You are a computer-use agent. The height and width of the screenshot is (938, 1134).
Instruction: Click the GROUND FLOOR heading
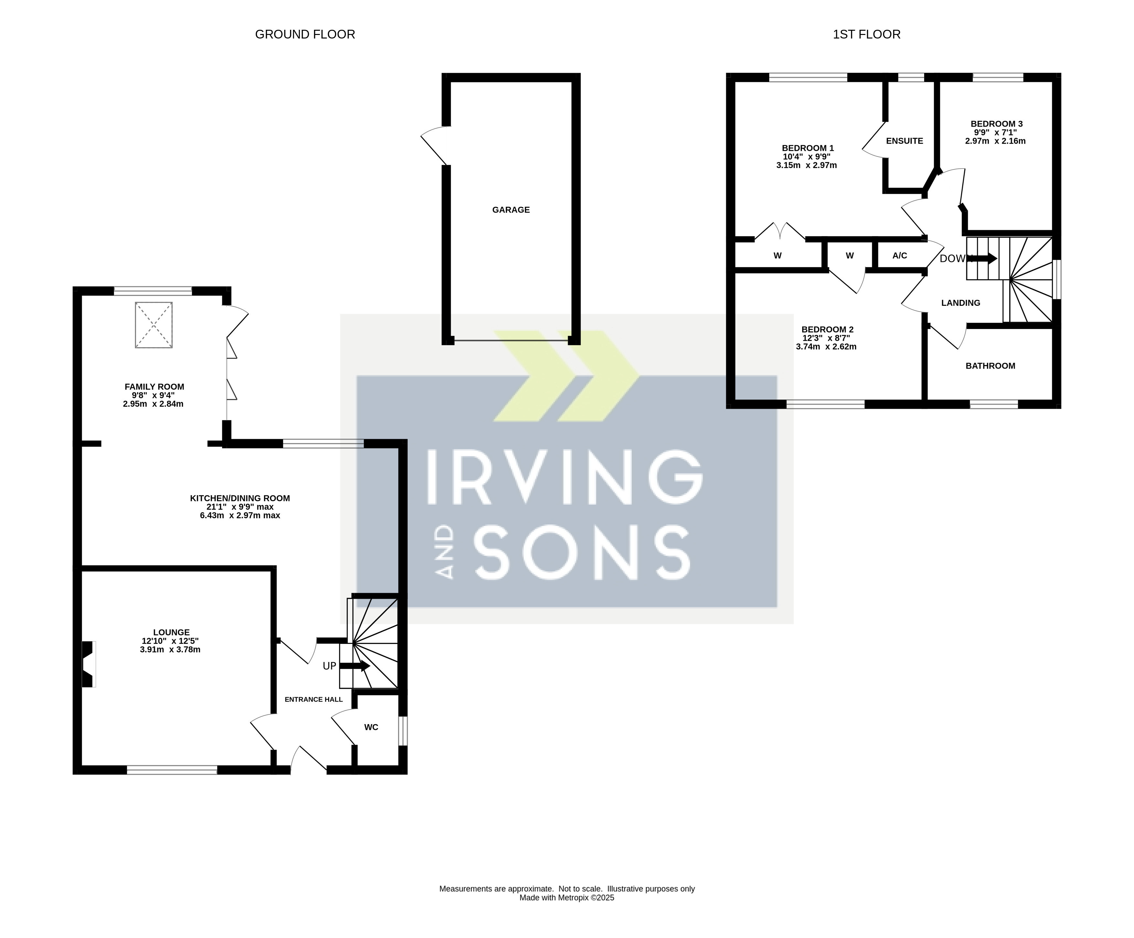pyautogui.click(x=305, y=35)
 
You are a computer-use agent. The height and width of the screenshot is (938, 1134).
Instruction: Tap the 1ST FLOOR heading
pyautogui.click(x=867, y=35)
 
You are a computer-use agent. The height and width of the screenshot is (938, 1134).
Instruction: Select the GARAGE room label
pyautogui.click(x=511, y=210)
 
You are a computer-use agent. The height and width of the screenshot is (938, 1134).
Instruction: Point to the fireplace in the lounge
pyautogui.click(x=88, y=664)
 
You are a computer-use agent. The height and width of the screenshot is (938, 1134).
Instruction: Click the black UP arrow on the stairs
pyautogui.click(x=355, y=666)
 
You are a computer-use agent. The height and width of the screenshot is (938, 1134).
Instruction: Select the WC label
pyautogui.click(x=371, y=727)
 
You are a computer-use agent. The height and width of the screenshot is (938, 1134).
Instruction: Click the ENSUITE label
pyautogui.click(x=904, y=141)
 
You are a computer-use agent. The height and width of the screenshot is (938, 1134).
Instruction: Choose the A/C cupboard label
pyautogui.click(x=900, y=256)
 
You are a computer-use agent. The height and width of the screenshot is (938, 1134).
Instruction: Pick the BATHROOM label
pyautogui.click(x=990, y=366)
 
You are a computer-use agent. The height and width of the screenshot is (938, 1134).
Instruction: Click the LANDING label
pyautogui.click(x=961, y=303)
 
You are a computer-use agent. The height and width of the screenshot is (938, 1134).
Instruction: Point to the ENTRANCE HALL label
pyautogui.click(x=314, y=699)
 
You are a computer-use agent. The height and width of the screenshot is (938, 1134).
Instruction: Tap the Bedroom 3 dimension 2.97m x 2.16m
pyautogui.click(x=995, y=141)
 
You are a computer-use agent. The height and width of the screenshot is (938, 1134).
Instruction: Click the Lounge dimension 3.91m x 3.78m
pyautogui.click(x=170, y=649)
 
